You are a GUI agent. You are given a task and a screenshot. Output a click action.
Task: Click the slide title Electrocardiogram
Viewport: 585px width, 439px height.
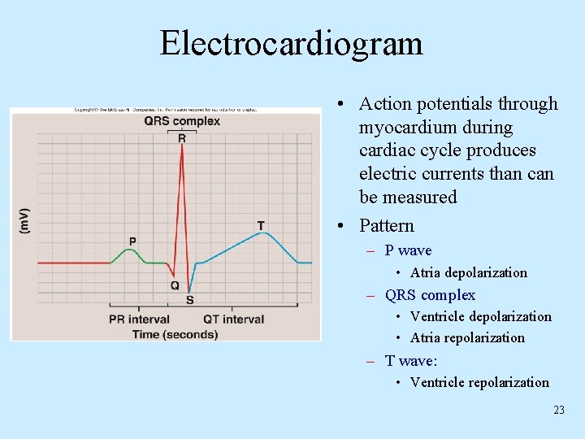click(291, 43)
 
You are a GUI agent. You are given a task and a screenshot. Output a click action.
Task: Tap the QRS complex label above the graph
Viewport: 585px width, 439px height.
click(182, 122)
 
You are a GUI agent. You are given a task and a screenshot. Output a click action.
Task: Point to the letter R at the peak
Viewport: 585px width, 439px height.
click(182, 138)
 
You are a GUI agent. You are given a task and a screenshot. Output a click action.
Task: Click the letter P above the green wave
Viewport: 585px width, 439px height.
click(132, 241)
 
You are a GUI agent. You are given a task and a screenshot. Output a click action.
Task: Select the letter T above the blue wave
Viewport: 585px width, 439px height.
click(260, 224)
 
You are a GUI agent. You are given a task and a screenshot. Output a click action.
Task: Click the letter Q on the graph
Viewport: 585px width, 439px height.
click(175, 285)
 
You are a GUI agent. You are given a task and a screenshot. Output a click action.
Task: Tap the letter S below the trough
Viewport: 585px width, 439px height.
click(189, 300)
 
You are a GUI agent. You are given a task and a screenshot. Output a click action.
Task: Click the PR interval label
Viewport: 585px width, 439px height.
click(139, 319)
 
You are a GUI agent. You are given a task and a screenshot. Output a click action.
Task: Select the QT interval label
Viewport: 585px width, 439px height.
click(234, 319)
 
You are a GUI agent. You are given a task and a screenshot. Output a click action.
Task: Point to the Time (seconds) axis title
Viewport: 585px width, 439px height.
click(175, 334)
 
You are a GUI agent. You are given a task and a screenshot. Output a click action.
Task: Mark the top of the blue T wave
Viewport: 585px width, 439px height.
click(261, 234)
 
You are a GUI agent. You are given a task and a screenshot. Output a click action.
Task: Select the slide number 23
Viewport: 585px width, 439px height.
click(558, 410)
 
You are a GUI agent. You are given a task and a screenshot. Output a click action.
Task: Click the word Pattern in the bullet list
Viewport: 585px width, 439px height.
click(387, 225)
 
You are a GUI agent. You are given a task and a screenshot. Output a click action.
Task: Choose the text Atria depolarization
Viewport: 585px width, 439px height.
click(468, 272)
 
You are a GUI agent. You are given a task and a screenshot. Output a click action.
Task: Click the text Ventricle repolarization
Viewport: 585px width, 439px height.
click(479, 382)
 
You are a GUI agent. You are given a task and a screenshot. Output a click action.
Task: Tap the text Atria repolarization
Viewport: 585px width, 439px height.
click(467, 337)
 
